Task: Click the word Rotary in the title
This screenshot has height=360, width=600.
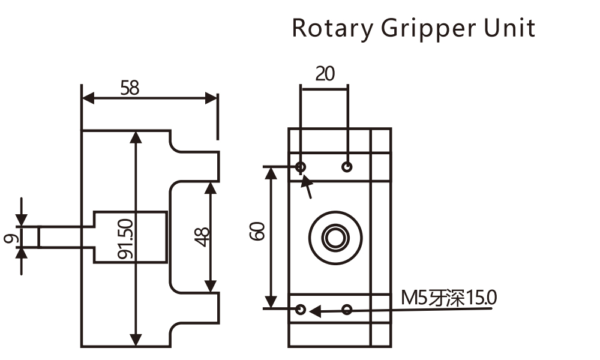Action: tap(331, 28)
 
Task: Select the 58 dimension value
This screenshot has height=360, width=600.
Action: tap(130, 88)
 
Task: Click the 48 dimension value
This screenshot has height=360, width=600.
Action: tap(202, 237)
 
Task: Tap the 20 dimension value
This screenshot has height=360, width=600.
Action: tap(325, 74)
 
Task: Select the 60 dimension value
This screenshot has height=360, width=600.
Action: tap(257, 231)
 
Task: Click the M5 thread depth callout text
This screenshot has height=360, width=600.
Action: tap(449, 298)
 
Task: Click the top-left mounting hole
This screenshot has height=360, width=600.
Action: tap(301, 166)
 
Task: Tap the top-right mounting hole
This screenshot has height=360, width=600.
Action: tap(347, 166)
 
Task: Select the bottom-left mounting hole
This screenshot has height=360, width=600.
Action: tap(301, 310)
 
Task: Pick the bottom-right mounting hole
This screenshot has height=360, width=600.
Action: tap(347, 310)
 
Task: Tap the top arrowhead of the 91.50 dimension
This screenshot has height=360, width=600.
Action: tap(137, 137)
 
